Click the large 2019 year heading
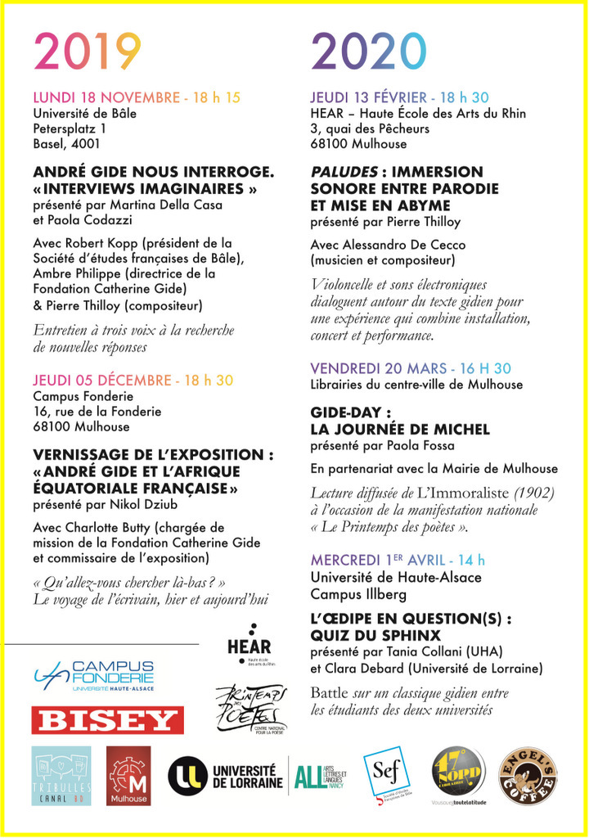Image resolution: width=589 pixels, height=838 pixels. (x=88, y=52)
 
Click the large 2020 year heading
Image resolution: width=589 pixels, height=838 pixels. (x=368, y=52)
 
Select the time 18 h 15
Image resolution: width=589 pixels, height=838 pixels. (x=217, y=98)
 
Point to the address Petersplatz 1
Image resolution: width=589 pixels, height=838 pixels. (x=70, y=128)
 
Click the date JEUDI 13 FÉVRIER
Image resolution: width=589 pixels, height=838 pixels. (x=373, y=98)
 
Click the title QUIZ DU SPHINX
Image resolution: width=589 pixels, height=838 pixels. (x=375, y=636)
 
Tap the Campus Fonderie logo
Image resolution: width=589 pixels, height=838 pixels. (x=94, y=677)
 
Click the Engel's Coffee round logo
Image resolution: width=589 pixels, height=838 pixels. (x=528, y=773)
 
